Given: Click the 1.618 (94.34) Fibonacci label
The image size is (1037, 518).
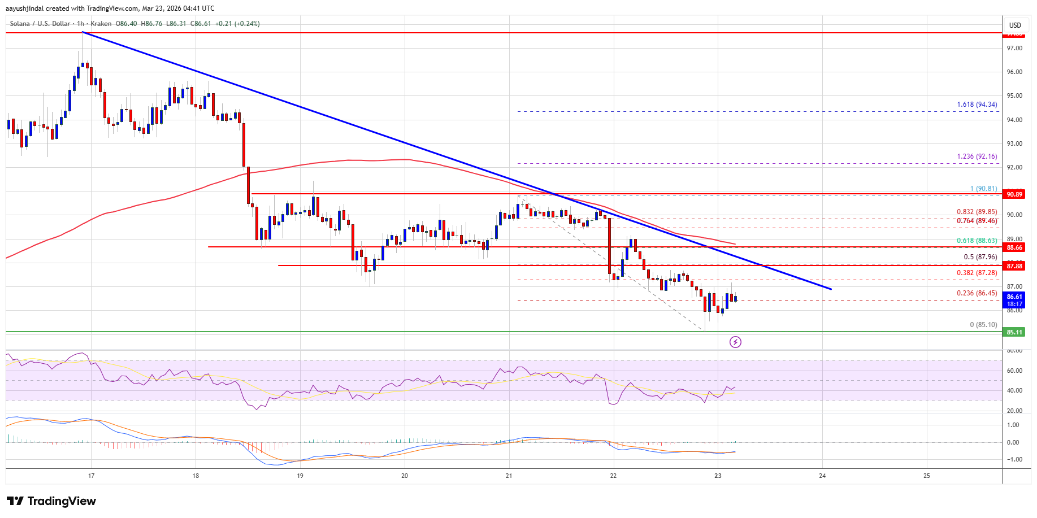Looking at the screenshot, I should [977, 105].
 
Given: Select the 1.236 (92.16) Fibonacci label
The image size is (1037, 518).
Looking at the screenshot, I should [977, 156].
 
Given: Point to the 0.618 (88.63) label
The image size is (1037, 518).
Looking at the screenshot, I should [977, 241].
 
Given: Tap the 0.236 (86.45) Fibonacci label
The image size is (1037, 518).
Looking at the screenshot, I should [977, 293].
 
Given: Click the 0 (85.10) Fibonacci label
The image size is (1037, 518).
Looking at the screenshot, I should [983, 325].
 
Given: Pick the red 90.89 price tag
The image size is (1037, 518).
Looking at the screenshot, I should [1014, 194].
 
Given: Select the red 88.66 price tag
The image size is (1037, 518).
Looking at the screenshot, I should [1014, 247].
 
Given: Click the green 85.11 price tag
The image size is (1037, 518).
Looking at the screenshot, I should [1014, 332].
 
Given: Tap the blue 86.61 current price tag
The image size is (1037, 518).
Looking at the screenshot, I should [1014, 297].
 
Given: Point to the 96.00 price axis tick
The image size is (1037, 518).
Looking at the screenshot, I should [1014, 72].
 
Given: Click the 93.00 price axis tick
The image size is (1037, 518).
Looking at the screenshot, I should [1014, 143].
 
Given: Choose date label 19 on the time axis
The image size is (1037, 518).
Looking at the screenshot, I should [300, 476].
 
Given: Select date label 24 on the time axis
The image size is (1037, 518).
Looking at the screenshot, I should [822, 476].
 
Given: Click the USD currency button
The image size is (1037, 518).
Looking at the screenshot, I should [1015, 25].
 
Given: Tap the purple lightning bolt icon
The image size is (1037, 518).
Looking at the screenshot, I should [735, 342].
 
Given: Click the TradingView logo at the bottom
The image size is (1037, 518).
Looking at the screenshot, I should [51, 501].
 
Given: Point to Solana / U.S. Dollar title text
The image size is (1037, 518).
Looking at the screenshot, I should [40, 24].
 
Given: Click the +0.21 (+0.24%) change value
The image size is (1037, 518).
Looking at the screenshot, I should [237, 24].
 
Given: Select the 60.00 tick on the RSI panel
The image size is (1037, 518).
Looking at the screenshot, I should [1014, 371].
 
